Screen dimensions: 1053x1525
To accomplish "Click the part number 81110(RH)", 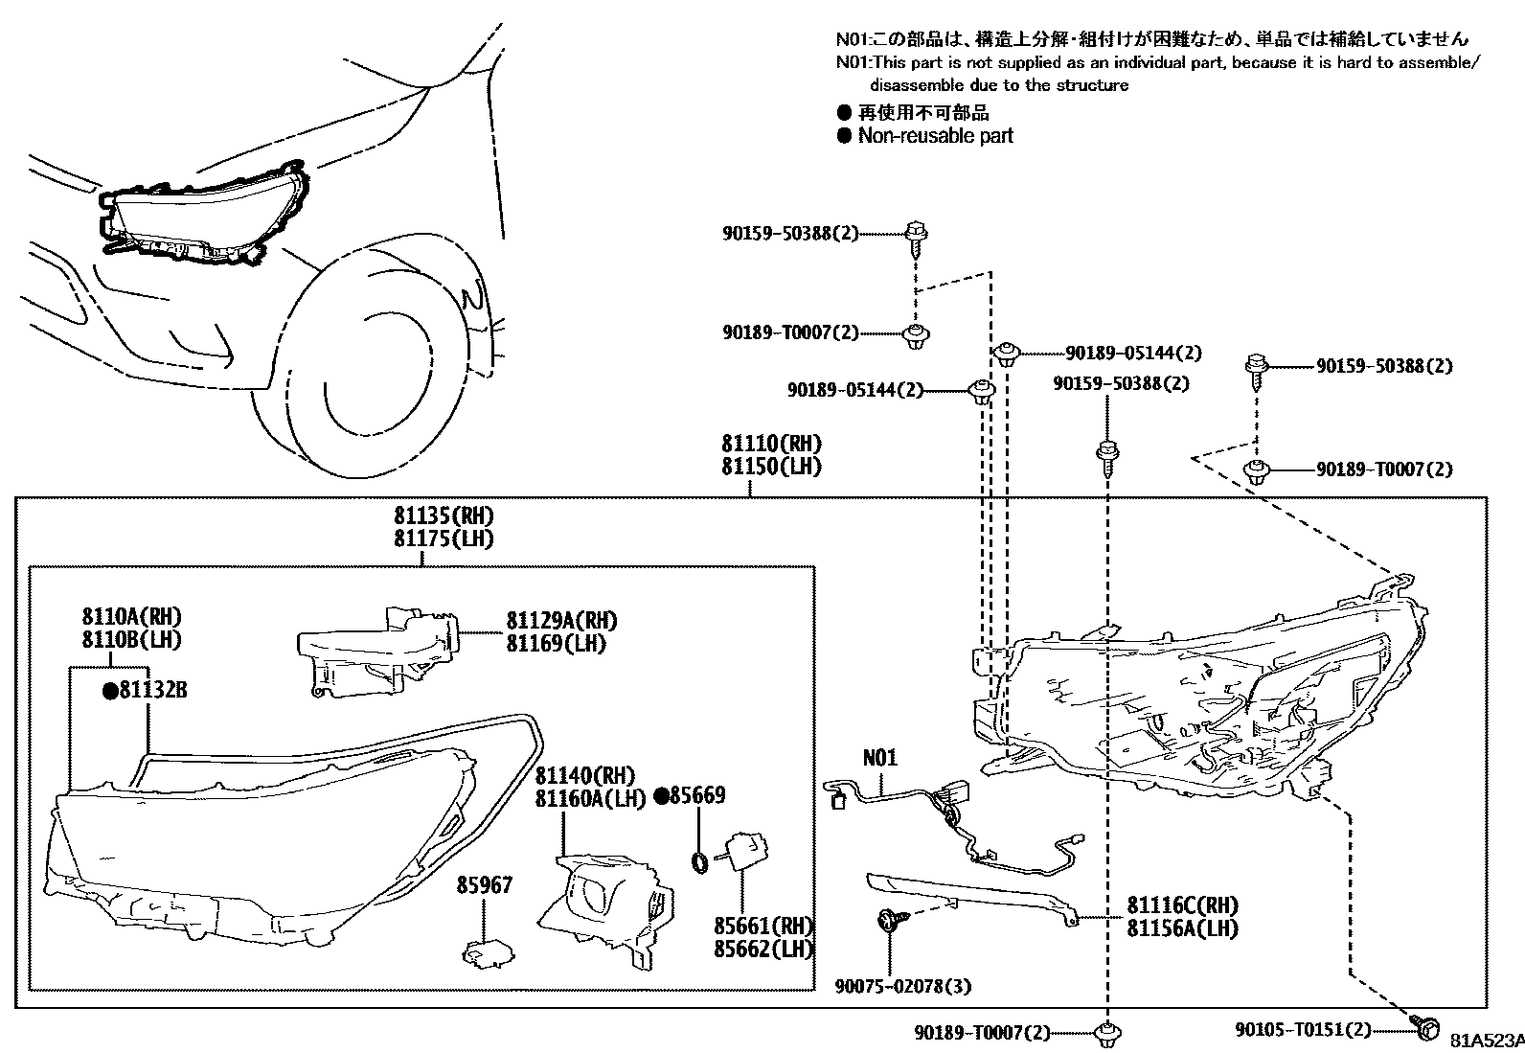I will tap(771, 445).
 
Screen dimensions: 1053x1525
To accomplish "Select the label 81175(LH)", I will tap(444, 538).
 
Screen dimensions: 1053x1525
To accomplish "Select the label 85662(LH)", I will tap(763, 950).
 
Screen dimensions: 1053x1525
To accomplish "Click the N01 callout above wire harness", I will tap(880, 758).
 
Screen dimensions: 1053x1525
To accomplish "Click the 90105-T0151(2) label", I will tap(1303, 1029).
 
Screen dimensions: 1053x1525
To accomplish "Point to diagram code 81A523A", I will tap(1486, 1041).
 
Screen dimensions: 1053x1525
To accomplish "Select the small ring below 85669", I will tap(700, 862).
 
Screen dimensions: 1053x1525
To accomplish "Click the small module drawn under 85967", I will tap(487, 952).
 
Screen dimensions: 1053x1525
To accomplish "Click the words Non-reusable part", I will tap(935, 136).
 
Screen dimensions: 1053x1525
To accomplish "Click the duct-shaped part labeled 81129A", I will tap(374, 652).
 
